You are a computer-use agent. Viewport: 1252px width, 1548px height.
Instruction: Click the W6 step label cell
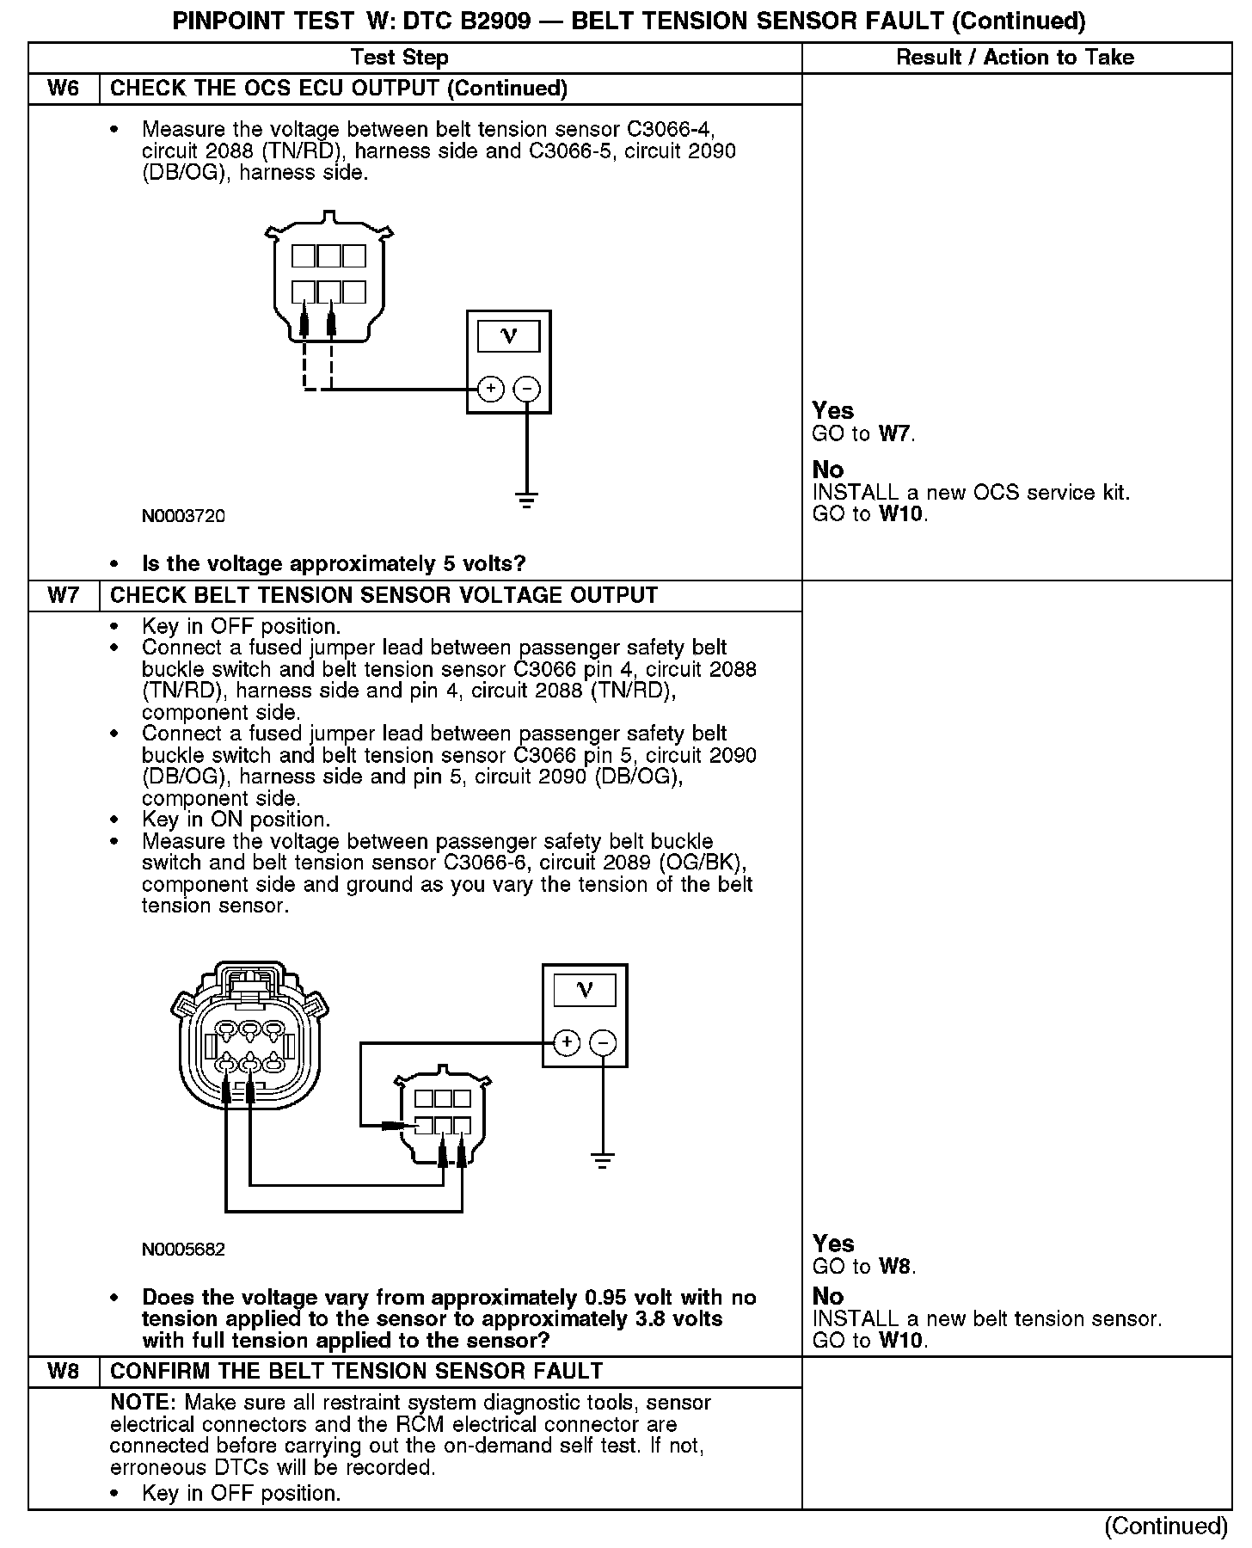click(x=64, y=89)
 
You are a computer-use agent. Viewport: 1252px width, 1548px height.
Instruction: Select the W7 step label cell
click(x=64, y=595)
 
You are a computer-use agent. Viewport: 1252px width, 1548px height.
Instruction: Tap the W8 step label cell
click(x=64, y=1371)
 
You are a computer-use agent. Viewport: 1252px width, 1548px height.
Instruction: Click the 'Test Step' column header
click(x=400, y=58)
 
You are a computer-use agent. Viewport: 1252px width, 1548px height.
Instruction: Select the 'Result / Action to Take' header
click(x=1015, y=58)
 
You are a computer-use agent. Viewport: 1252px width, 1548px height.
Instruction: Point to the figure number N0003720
click(x=183, y=516)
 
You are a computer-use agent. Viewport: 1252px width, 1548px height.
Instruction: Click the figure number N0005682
click(x=183, y=1249)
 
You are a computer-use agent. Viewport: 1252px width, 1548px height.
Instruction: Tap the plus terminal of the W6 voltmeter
click(x=490, y=389)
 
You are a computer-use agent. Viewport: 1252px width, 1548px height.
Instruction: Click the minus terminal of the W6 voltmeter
click(x=526, y=389)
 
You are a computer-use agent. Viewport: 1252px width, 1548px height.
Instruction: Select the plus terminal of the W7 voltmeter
click(x=566, y=1042)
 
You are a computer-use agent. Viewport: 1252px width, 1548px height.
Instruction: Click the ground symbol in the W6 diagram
click(x=526, y=499)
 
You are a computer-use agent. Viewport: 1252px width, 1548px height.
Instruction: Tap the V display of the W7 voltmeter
click(x=585, y=990)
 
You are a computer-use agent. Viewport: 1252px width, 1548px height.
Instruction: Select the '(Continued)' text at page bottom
click(x=1166, y=1526)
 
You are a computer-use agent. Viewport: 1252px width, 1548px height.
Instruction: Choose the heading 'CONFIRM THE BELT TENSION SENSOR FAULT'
click(x=357, y=1371)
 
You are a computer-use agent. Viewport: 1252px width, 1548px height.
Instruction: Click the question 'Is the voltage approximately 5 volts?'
click(x=334, y=564)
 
